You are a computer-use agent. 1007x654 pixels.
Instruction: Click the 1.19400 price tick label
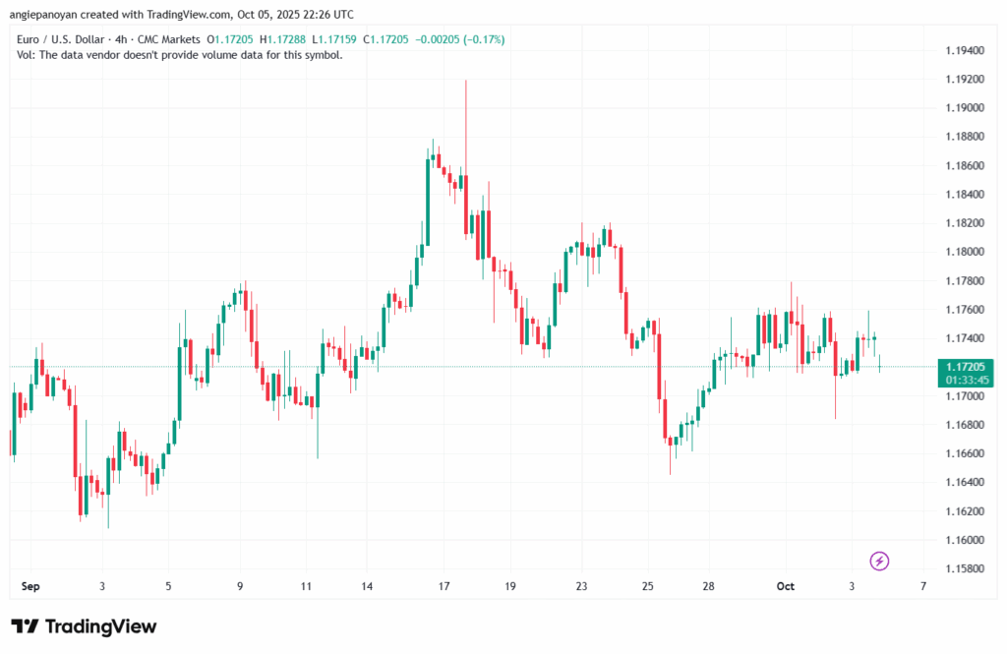tap(965, 49)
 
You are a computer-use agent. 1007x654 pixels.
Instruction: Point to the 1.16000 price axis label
tap(965, 540)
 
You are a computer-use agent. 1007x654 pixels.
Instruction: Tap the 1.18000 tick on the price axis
tap(965, 252)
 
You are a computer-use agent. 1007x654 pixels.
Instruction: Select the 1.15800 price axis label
tap(965, 568)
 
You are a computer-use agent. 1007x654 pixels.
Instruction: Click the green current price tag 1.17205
tap(965, 366)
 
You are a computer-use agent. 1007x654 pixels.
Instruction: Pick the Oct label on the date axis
tap(785, 586)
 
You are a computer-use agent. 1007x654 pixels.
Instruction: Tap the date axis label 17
tap(444, 586)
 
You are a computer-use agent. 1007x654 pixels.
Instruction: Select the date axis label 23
tap(581, 586)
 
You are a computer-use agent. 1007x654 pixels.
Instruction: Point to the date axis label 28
tap(708, 586)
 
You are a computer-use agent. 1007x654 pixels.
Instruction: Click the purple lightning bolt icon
tap(880, 561)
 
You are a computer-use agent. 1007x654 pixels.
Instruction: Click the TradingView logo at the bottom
tap(84, 626)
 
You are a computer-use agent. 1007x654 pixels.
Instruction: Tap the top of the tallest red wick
tap(465, 82)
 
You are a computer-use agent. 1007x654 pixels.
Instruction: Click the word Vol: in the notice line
tap(28, 55)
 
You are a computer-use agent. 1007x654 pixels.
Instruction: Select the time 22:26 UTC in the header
tap(321, 15)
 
